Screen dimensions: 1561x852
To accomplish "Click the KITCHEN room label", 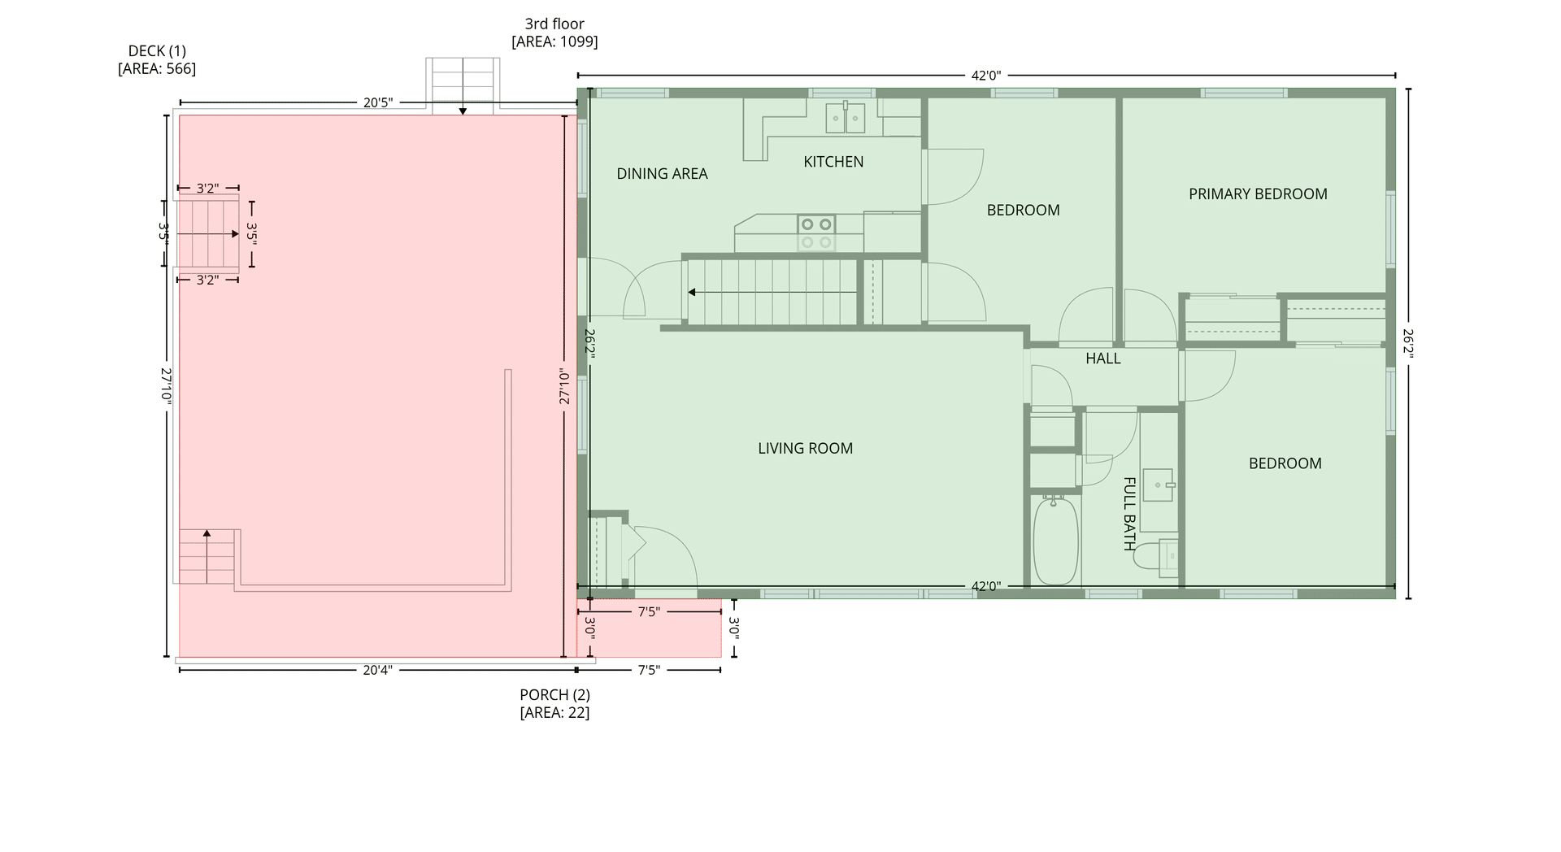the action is [833, 162].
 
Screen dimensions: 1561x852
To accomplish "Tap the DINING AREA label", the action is [662, 174].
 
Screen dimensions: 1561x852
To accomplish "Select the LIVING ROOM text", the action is [805, 448].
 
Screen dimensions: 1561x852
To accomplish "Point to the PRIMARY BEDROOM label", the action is [1258, 194].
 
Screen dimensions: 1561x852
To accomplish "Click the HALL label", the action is [1102, 359].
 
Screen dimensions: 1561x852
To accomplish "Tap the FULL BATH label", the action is [1129, 514].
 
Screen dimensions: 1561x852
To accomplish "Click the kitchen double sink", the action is [846, 118].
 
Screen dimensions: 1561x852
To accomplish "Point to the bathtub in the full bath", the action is [1055, 541].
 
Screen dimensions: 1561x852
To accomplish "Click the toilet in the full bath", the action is [1156, 557].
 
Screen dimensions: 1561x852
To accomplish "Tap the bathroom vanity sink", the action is [1158, 485].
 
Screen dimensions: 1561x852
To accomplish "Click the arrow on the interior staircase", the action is [772, 292].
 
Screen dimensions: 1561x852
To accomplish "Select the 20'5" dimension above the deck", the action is [378, 102].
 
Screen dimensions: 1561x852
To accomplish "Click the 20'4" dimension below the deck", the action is [377, 670].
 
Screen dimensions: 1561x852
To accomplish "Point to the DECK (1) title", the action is [157, 51].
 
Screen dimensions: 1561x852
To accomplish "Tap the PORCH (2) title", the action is [554, 695].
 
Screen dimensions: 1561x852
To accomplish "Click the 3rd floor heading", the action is [554, 24].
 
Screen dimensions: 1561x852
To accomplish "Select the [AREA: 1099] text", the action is [554, 41].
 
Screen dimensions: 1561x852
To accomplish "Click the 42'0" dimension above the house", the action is [986, 76].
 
